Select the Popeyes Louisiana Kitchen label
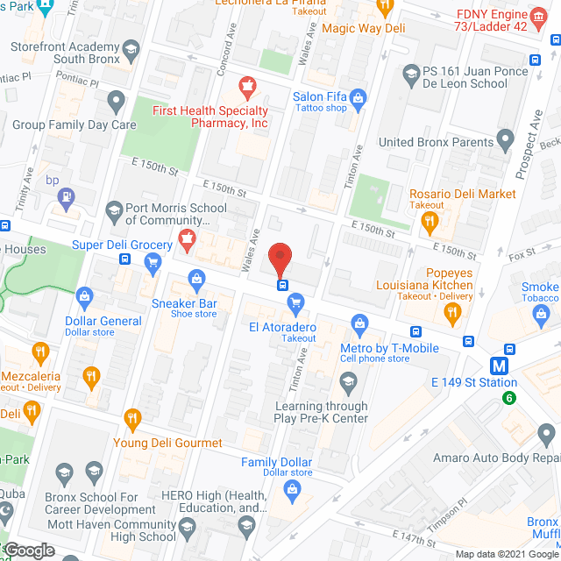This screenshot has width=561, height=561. (425, 279)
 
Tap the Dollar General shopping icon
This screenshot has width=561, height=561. (84, 295)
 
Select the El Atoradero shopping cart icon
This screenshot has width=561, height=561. (295, 303)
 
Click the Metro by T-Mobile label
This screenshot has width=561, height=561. (388, 349)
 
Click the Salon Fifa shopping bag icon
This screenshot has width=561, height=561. (358, 100)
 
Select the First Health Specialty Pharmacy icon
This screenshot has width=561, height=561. (246, 87)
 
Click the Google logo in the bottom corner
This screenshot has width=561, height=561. (28, 550)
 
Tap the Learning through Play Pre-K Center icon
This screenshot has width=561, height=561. (349, 381)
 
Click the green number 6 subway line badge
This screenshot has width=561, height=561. (508, 398)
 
